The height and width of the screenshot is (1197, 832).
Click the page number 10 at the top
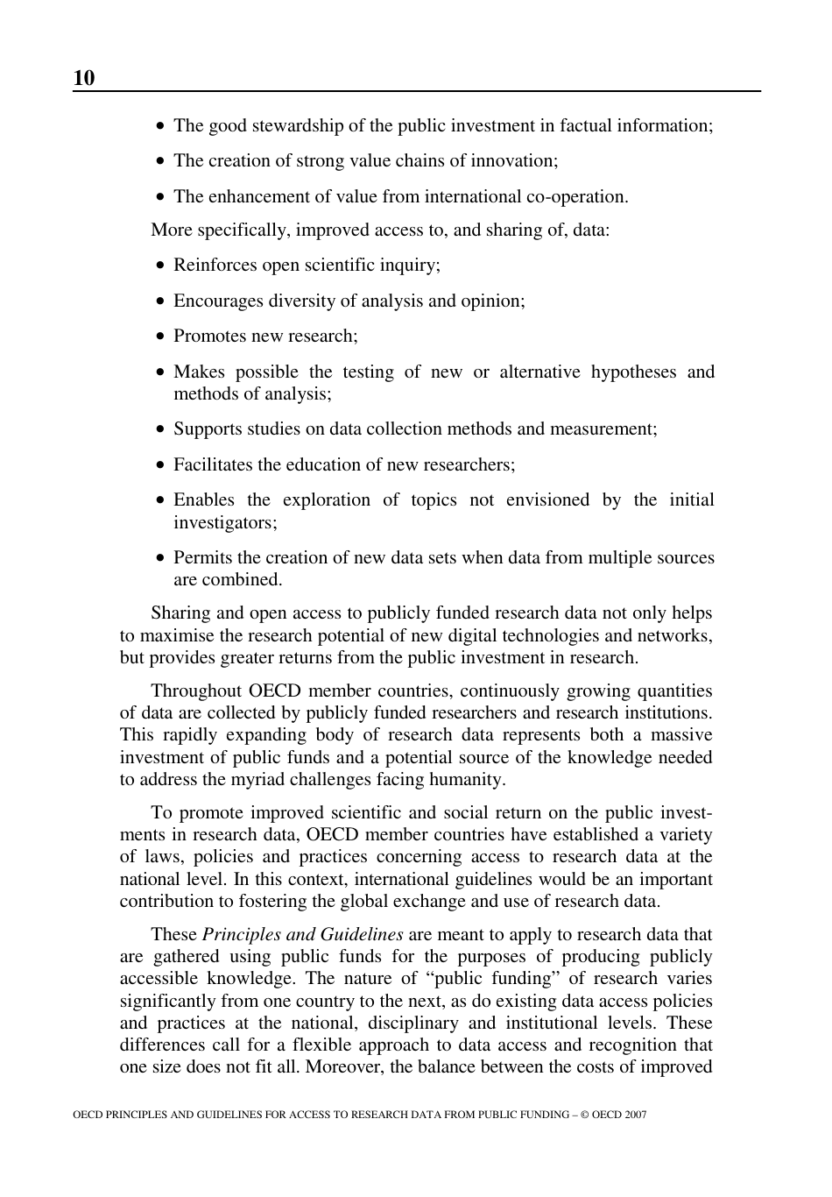click(84, 78)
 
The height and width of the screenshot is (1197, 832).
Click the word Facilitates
click(213, 464)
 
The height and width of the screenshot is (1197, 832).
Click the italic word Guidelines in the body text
click(361, 934)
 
